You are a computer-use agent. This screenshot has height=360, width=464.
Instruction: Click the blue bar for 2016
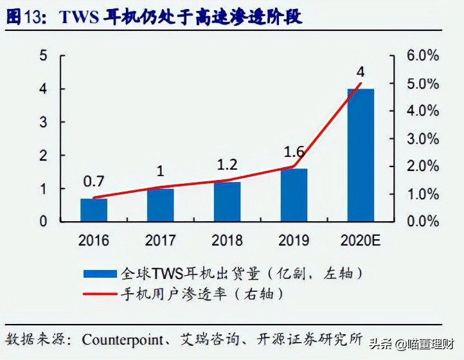click(x=94, y=210)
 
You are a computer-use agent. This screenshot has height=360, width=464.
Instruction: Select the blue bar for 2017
click(x=160, y=205)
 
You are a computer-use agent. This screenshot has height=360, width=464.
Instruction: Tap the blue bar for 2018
click(x=227, y=202)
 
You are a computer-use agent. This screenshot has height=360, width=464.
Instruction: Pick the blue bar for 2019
click(x=294, y=195)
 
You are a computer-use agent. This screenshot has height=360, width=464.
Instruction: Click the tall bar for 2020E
click(x=361, y=155)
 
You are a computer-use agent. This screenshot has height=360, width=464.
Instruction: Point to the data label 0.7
click(x=94, y=181)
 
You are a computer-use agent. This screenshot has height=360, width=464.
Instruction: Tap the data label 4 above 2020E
click(x=361, y=71)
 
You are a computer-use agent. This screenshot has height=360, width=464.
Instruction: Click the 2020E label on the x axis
click(x=361, y=241)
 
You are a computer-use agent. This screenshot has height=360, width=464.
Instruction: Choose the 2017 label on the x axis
click(x=160, y=241)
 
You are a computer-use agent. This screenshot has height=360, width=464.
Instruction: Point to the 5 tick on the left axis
click(x=44, y=56)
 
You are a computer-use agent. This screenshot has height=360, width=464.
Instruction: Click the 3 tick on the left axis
click(x=44, y=122)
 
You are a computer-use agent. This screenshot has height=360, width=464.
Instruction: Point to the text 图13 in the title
click(x=21, y=17)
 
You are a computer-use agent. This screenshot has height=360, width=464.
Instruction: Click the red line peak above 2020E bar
click(x=361, y=84)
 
